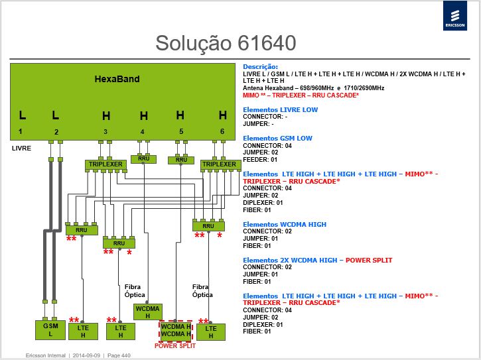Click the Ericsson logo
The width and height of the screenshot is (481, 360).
point(455,16)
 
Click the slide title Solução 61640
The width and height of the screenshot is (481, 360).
point(226,43)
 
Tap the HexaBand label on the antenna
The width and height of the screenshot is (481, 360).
point(117,79)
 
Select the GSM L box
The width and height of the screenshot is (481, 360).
point(50,330)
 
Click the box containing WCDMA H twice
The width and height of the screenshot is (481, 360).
point(176,331)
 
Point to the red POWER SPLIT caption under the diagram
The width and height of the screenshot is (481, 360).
point(175,346)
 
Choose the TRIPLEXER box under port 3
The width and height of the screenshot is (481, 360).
point(105,164)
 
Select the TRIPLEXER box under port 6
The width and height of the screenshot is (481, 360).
point(220,164)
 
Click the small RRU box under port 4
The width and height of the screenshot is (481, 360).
point(143,159)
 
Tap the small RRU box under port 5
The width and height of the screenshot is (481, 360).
point(181,160)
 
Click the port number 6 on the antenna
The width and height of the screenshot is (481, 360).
point(222,131)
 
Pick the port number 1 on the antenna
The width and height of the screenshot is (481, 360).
point(21,131)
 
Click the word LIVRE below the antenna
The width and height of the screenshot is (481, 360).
point(21,149)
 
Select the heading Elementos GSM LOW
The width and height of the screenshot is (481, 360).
point(277,139)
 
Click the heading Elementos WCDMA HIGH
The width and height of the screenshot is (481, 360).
point(285,225)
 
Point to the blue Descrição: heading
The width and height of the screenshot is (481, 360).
point(260,66)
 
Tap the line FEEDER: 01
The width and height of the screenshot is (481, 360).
point(260,160)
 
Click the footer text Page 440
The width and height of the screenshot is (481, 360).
point(119,355)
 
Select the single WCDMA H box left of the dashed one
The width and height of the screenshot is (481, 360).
point(147,312)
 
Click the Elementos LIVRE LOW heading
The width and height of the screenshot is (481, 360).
point(280,110)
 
